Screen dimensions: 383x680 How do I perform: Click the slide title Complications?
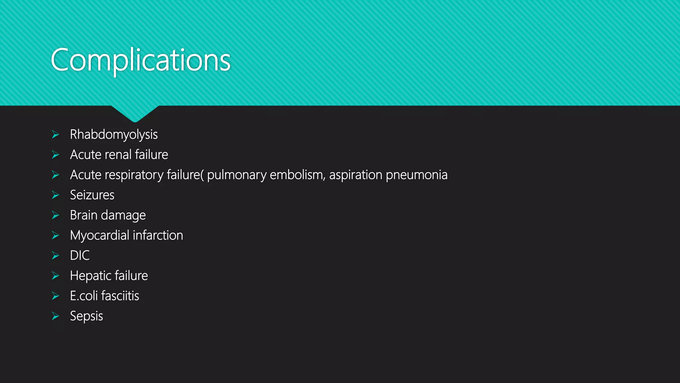pyautogui.click(x=140, y=60)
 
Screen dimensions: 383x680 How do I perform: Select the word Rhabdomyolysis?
pyautogui.click(x=114, y=135)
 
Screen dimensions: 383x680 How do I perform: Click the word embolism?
pyautogui.click(x=297, y=175)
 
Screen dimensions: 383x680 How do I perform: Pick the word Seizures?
pyautogui.click(x=92, y=195)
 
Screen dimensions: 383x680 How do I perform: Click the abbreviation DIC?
pyautogui.click(x=80, y=255)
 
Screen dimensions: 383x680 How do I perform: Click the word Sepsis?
pyautogui.click(x=86, y=316)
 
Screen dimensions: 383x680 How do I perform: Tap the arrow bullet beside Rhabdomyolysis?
pyautogui.click(x=55, y=135)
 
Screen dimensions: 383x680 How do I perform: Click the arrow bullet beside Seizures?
pyautogui.click(x=55, y=195)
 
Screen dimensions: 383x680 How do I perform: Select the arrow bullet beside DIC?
pyautogui.click(x=55, y=255)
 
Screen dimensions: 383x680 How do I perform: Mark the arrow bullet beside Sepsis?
pyautogui.click(x=55, y=316)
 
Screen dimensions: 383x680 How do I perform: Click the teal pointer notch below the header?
pyautogui.click(x=135, y=113)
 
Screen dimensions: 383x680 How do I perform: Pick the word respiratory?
pyautogui.click(x=135, y=175)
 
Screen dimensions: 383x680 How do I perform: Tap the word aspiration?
pyautogui.click(x=356, y=175)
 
